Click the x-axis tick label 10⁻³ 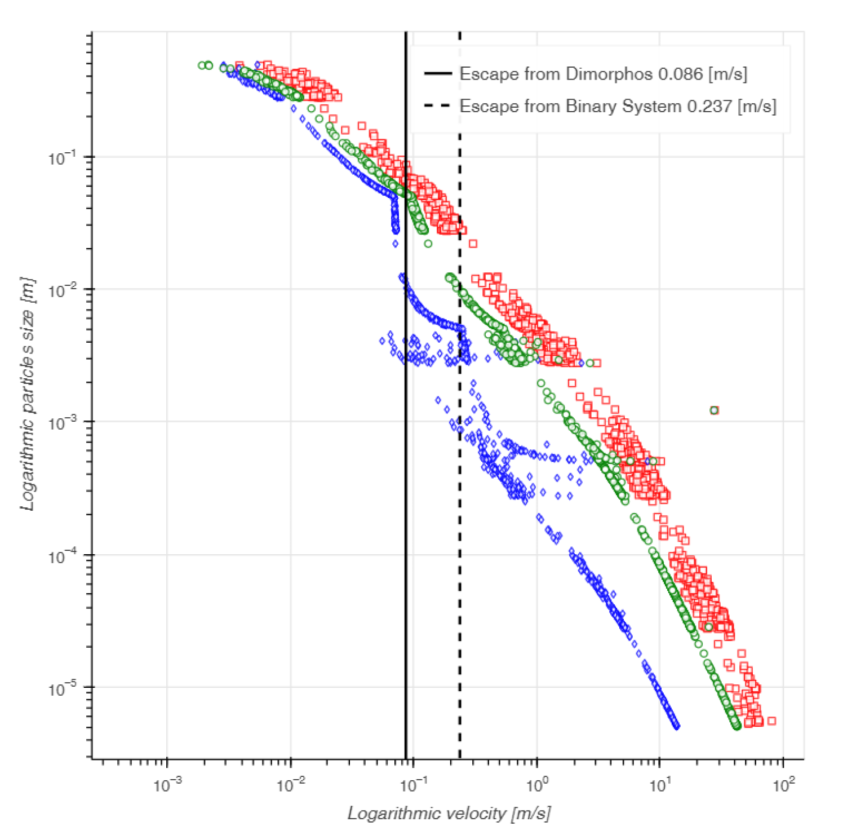tap(167, 784)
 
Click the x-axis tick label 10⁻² tap(290, 784)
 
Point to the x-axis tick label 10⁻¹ tap(413, 784)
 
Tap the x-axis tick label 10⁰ tap(536, 784)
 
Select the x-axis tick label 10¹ tap(659, 784)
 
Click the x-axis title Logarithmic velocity tap(449, 813)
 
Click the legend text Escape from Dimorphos tap(603, 74)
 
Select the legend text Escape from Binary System tap(618, 106)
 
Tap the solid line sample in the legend tap(437, 74)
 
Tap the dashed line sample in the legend tap(437, 106)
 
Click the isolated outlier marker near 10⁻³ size tap(714, 410)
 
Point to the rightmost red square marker tap(771, 721)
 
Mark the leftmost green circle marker tap(202, 65)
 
